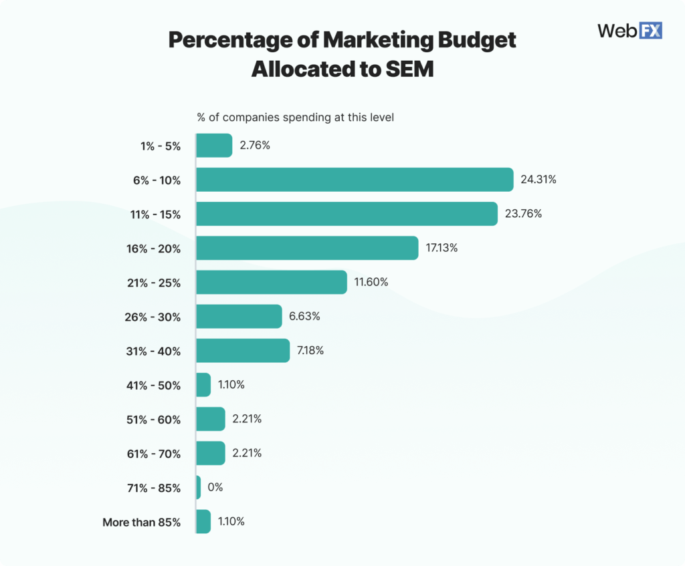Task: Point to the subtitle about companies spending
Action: pyautogui.click(x=295, y=118)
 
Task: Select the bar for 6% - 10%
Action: pyautogui.click(x=355, y=180)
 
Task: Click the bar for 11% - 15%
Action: pyautogui.click(x=347, y=214)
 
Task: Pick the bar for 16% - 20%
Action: pyautogui.click(x=307, y=248)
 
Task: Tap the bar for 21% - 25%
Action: pyautogui.click(x=272, y=282)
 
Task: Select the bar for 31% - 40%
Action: pyautogui.click(x=243, y=350)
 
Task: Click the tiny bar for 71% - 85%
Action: pyautogui.click(x=199, y=487)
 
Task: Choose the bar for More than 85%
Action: pyautogui.click(x=203, y=521)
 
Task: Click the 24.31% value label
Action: pyautogui.click(x=539, y=180)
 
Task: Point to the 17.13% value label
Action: pyautogui.click(x=442, y=248)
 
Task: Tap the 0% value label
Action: pyautogui.click(x=215, y=487)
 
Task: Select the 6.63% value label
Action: pyautogui.click(x=304, y=316)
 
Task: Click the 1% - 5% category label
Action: pyautogui.click(x=161, y=146)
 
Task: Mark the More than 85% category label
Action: pyautogui.click(x=141, y=522)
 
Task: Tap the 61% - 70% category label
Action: pyautogui.click(x=156, y=454)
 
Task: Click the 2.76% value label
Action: pyautogui.click(x=255, y=145)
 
